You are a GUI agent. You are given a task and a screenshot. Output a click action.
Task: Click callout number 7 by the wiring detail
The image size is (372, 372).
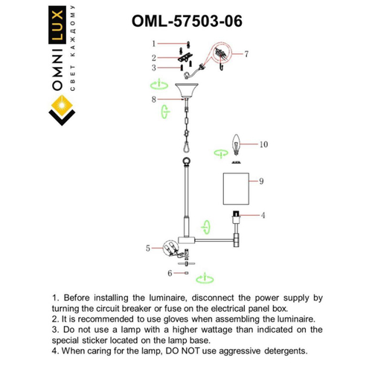(246, 54)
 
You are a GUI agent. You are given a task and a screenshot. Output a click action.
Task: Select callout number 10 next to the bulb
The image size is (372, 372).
(263, 144)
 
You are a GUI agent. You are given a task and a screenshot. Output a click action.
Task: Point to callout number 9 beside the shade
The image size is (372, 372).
(262, 181)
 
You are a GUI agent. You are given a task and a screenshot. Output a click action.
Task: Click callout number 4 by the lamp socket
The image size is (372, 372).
(263, 215)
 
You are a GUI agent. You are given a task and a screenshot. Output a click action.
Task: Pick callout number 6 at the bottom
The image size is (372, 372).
(170, 274)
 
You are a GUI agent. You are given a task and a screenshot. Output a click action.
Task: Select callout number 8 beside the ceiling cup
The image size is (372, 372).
(153, 98)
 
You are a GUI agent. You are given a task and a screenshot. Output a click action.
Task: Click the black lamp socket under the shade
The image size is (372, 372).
(237, 218)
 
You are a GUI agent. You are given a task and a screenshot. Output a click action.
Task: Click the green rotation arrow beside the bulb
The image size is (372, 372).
(220, 153)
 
